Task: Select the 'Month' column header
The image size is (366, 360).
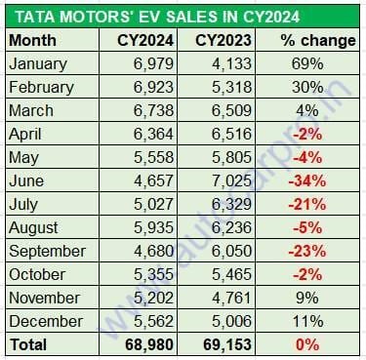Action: (31, 41)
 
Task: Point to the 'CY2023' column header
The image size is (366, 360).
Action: (222, 41)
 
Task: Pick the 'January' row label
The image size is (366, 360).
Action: (38, 63)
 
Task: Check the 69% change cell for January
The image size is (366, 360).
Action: (305, 63)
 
